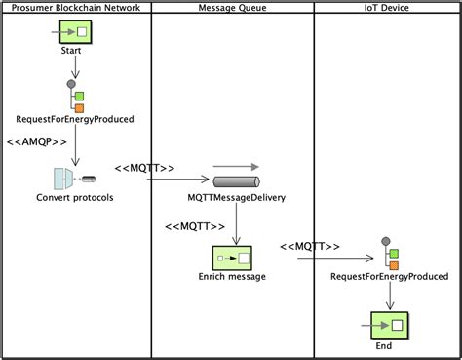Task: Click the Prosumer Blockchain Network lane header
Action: pyautogui.click(x=76, y=8)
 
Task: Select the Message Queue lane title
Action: pyautogui.click(x=232, y=8)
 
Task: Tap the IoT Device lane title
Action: pyautogui.click(x=387, y=8)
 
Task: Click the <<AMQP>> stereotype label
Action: pyautogui.click(x=37, y=142)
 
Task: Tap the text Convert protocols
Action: pyautogui.click(x=74, y=199)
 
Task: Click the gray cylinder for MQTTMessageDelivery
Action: pyautogui.click(x=236, y=182)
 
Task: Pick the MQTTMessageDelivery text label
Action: pyautogui.click(x=237, y=199)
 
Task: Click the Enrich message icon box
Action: pyautogui.click(x=233, y=258)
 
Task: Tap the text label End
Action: pyautogui.click(x=384, y=345)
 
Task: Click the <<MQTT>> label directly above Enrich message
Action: pyautogui.click(x=191, y=227)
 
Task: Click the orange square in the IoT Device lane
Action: pyautogui.click(x=394, y=264)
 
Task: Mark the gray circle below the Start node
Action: pyautogui.click(x=71, y=85)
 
